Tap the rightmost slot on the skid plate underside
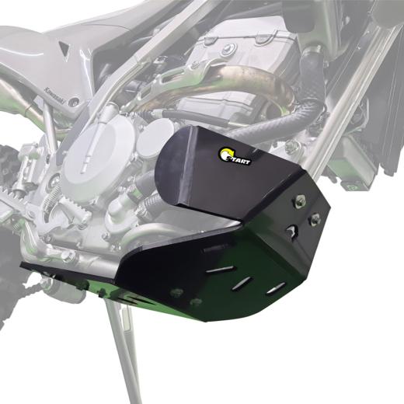274,290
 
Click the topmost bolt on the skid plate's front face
298,204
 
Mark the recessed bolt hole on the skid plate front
291,231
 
